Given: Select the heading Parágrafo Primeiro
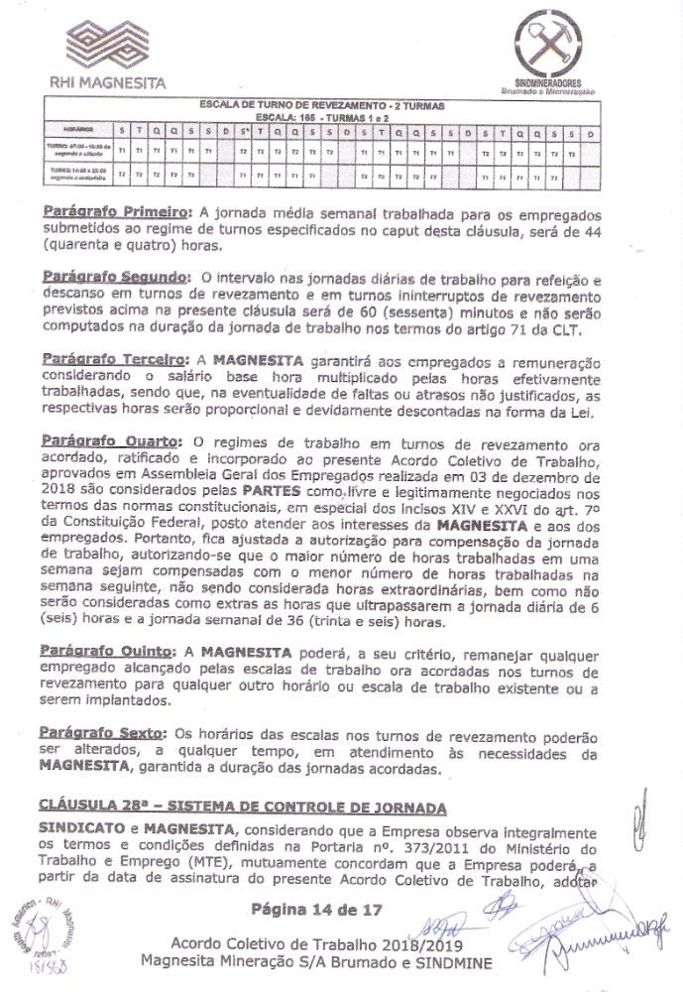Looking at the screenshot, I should click(115, 212).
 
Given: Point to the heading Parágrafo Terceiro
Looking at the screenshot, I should click(113, 355).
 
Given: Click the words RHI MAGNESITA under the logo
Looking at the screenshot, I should click(110, 81).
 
